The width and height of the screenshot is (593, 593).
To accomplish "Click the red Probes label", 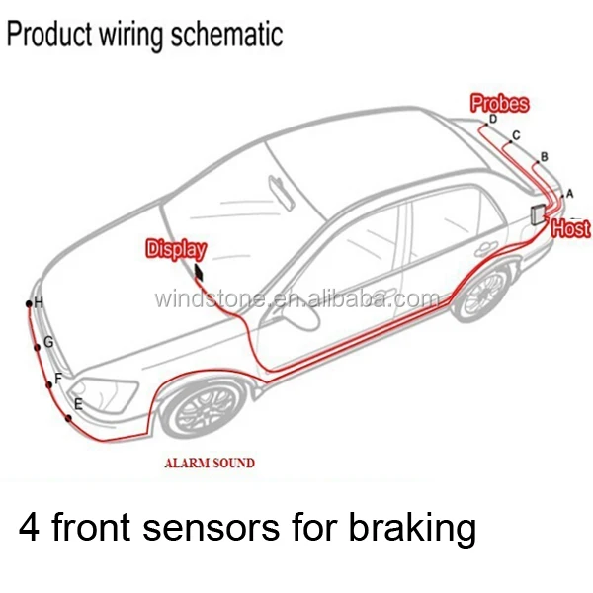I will tap(499, 103).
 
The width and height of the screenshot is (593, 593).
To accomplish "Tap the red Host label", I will tap(570, 229).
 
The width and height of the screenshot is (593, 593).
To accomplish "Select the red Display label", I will tap(177, 249).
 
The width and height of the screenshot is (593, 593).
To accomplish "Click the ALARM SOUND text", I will tap(209, 463).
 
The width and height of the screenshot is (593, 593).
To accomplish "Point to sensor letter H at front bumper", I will tap(39, 302).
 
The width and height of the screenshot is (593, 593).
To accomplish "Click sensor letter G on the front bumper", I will tap(48, 342).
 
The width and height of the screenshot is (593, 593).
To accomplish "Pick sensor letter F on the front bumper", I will tap(58, 378).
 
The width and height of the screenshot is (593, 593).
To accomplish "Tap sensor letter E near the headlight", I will tap(78, 403).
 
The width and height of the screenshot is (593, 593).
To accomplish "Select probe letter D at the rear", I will tap(493, 120).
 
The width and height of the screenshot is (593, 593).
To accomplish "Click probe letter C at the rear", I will tap(516, 134).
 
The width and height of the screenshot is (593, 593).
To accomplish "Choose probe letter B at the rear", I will tap(544, 156).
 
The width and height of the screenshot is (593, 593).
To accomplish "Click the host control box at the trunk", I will tap(538, 216).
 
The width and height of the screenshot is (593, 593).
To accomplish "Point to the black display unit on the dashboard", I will tap(200, 274).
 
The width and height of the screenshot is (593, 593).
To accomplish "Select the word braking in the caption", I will tap(412, 529).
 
